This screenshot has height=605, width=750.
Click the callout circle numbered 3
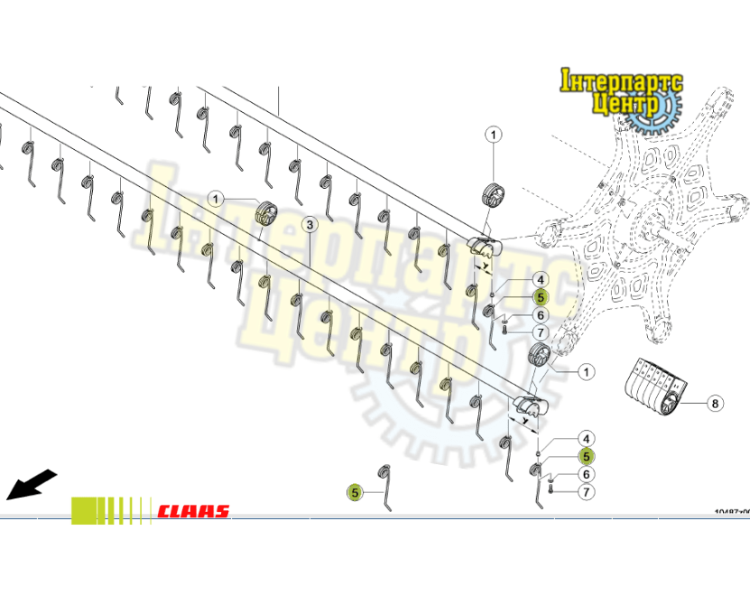pos(309,224)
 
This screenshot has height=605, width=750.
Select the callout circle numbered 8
pos(715,404)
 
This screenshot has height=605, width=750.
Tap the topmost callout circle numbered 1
pos(494,135)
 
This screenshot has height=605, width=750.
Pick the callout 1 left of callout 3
pos(216,198)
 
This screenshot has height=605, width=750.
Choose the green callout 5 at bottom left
pos(356,492)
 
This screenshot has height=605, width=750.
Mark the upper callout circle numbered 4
pos(540,280)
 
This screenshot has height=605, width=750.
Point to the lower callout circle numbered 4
pos(586,438)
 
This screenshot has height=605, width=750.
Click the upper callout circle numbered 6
pos(540,315)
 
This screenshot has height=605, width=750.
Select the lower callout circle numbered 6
pos(586,474)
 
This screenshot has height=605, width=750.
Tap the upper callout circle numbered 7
pos(540,333)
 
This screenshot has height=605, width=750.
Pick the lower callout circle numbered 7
pos(586,492)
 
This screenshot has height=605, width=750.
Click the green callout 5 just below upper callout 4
pos(540,297)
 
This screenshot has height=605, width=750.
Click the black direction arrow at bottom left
pos(31,485)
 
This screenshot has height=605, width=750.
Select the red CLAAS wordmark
pos(193,511)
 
